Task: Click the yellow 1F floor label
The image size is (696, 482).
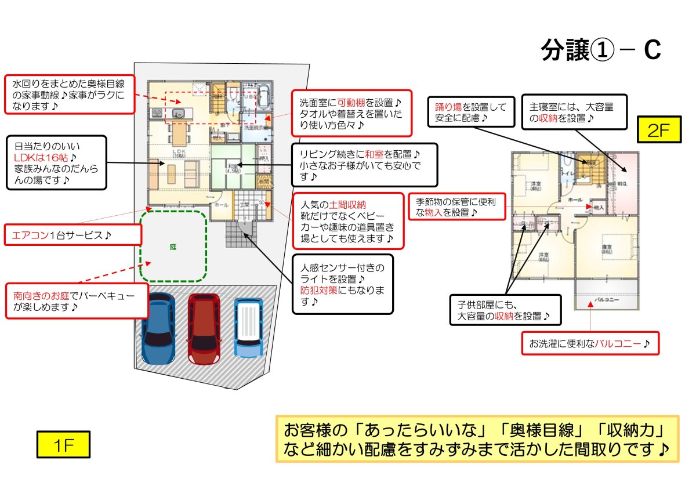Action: pos(64,445)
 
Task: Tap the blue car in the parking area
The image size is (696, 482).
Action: pos(158,329)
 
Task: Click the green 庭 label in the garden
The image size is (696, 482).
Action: pos(173,247)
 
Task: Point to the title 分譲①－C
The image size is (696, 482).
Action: pos(600,51)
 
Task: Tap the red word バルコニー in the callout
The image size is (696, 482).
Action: pos(619,343)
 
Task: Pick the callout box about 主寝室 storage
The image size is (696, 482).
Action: pos(574,112)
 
